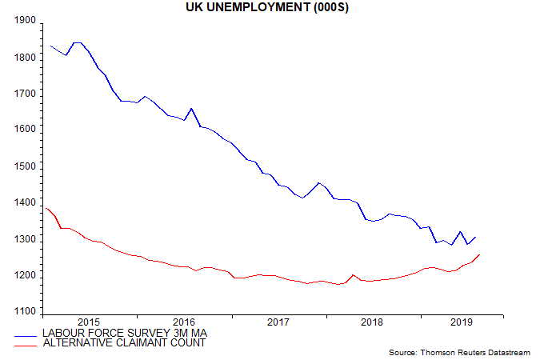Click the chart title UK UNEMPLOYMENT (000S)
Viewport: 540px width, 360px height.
click(270, 7)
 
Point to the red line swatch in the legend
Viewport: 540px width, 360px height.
click(27, 343)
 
